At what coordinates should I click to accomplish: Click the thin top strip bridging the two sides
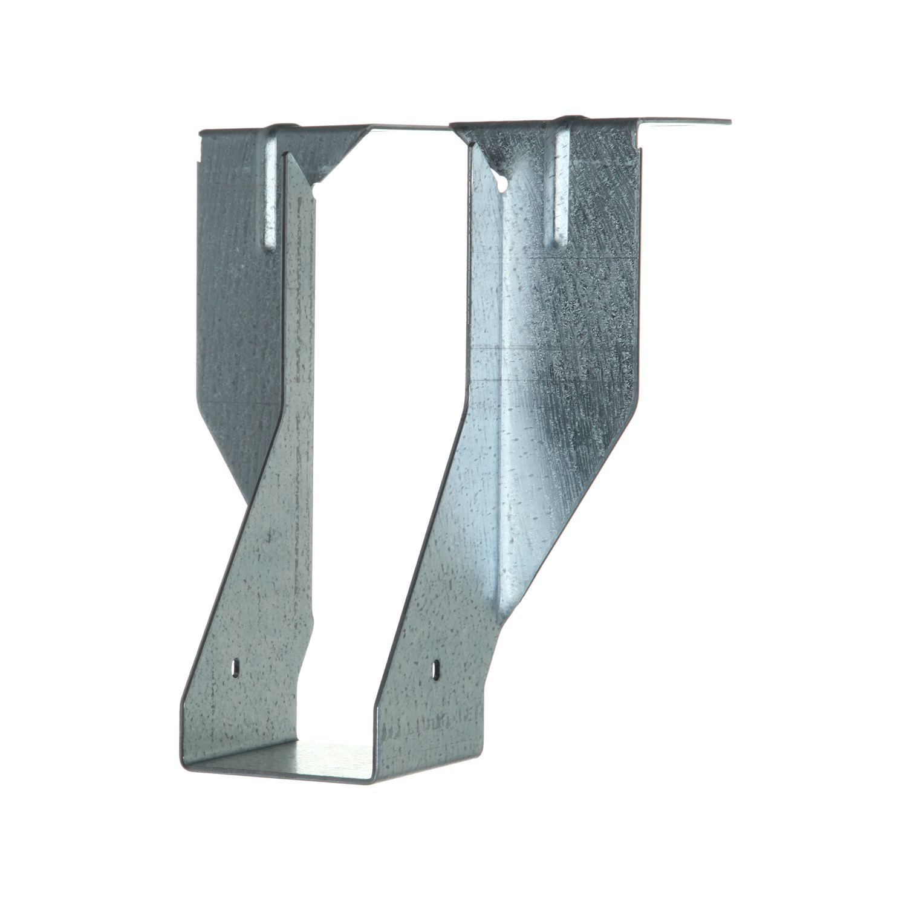(411, 126)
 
